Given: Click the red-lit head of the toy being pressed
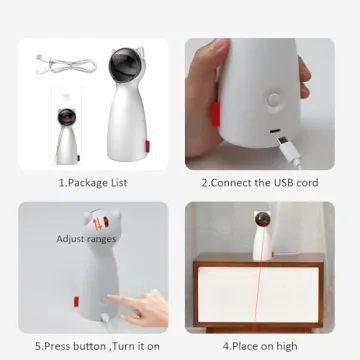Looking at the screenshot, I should click(99, 220).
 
